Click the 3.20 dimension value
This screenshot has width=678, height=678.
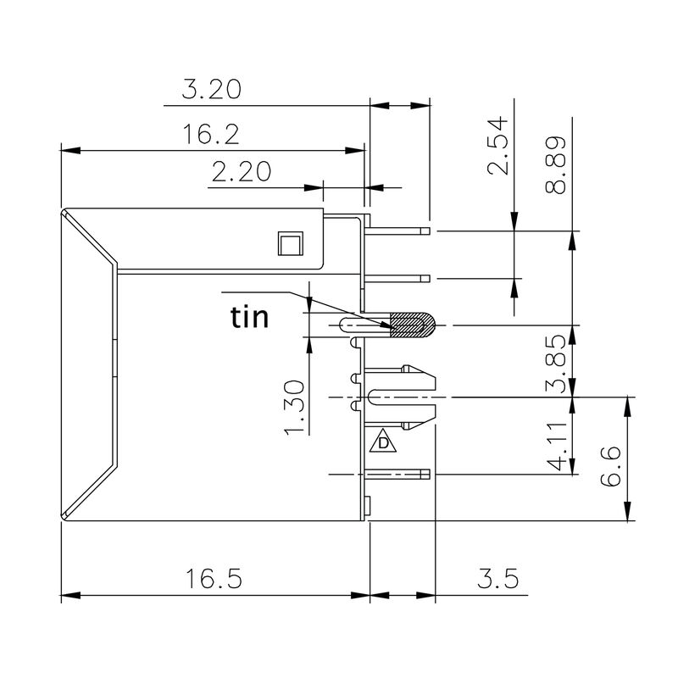212,89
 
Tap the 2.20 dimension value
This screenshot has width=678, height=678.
242,172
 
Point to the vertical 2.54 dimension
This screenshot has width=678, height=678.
501,145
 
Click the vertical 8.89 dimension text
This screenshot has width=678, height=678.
556,165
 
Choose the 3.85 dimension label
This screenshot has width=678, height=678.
556,365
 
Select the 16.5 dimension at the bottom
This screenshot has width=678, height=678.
214,580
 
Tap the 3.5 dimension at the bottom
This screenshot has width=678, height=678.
497,580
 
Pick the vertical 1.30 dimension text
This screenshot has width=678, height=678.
293,408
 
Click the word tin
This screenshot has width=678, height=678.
250,318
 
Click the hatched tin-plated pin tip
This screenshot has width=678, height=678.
411,325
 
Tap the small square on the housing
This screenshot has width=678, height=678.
290,244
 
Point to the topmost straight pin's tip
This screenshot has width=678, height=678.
425,231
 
